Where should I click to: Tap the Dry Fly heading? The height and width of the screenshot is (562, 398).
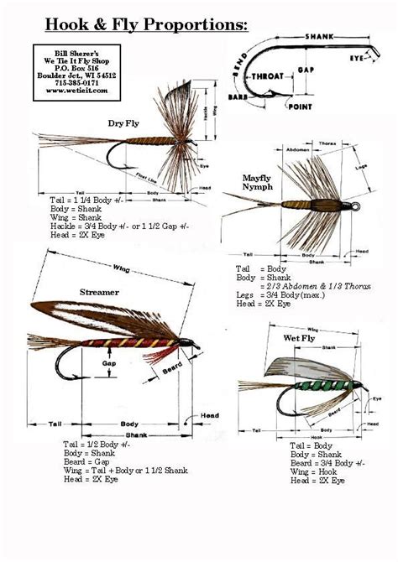pyautogui.click(x=125, y=123)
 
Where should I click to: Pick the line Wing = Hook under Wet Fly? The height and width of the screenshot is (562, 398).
pyautogui.click(x=309, y=473)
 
